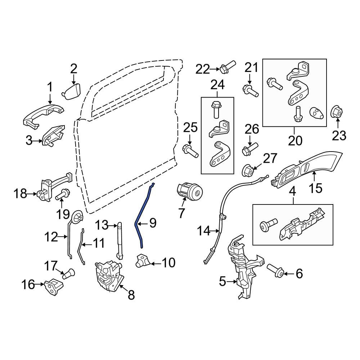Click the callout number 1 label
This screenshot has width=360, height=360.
50,87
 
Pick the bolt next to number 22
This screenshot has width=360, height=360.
227,67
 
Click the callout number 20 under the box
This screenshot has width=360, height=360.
295,140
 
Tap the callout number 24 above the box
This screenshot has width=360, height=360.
217,85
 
